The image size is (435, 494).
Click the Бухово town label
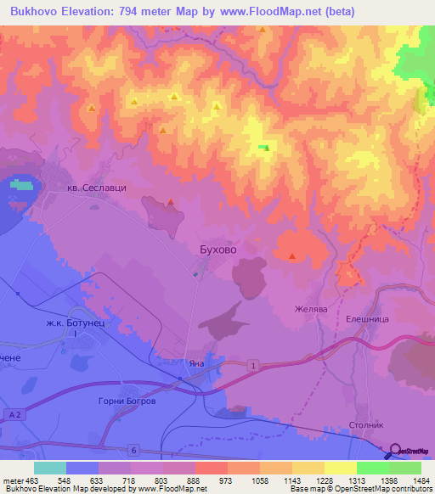click(214, 250)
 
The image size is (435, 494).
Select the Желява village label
click(310, 310)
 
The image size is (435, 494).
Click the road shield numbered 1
click(253, 365)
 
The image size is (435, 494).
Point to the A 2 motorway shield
click(14, 413)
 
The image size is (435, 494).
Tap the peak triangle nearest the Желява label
click(293, 256)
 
